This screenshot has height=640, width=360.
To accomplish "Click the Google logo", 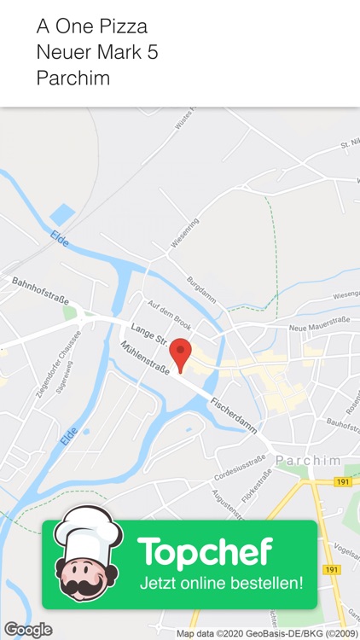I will point(27,630).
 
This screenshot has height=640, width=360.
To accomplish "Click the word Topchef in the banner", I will point(205,553).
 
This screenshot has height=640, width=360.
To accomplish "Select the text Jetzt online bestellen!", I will point(221,585).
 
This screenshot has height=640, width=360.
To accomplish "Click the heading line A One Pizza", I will point(91,26).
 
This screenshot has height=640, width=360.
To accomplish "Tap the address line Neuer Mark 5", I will point(96,52).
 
